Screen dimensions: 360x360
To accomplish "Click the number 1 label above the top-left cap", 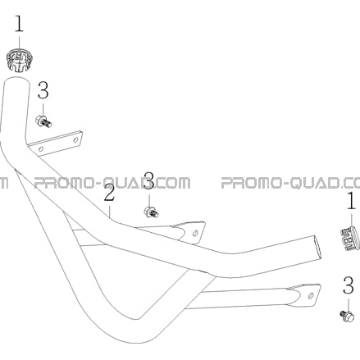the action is pos(19,24).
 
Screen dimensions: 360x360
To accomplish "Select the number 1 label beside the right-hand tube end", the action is pos(351,201).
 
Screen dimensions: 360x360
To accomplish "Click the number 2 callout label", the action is pos(109,193).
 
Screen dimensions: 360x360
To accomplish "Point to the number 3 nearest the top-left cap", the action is pos(43,90).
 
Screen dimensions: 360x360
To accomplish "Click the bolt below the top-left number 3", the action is pos(43,121).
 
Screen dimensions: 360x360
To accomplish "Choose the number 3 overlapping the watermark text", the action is pos(149,180).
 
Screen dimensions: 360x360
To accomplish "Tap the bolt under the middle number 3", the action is pos(151,212).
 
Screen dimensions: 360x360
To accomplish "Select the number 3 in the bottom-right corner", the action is pos(349,285).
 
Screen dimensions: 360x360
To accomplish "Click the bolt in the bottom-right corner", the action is pos(347,317).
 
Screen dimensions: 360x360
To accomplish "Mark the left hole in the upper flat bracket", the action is pos(41,149).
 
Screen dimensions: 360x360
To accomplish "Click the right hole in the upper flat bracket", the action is pos(75,140).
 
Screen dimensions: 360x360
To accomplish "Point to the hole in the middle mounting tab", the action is pos(195,234).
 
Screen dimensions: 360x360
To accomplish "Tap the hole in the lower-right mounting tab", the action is pos(311,296).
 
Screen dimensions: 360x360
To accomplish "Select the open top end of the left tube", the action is pos(16,81).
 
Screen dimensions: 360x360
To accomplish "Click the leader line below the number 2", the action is pos(109,211).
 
